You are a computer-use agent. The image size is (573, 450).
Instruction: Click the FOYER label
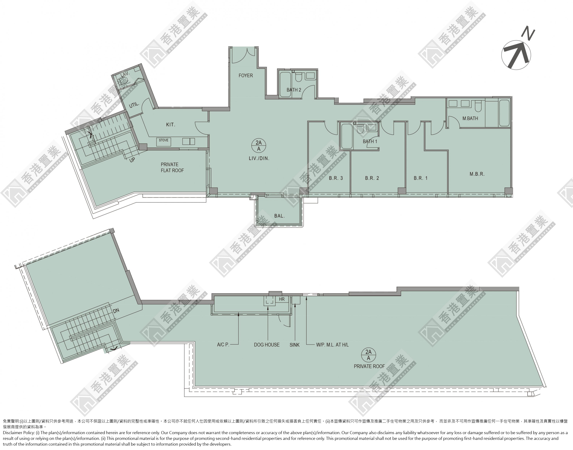click(246, 76)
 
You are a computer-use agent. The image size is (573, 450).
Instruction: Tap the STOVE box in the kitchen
click(163, 142)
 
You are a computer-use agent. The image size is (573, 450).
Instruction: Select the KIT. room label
click(171, 125)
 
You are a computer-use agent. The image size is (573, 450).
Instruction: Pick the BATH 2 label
click(294, 90)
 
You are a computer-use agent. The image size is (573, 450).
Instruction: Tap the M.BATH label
click(470, 119)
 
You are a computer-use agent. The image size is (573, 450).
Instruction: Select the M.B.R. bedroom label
click(477, 174)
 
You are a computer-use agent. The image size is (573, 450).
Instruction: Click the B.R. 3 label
click(336, 178)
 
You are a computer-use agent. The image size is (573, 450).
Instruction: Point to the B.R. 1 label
click(421, 178)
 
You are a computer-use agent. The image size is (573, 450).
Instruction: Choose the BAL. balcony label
click(279, 216)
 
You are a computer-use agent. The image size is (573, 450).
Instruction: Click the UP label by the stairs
click(132, 160)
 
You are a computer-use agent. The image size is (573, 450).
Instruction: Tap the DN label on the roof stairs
click(116, 311)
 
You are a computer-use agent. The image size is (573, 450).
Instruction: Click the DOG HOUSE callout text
click(267, 345)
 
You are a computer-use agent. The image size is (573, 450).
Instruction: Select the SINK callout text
click(295, 345)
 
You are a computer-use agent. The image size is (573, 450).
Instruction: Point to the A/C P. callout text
click(223, 345)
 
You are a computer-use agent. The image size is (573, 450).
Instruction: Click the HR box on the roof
click(282, 299)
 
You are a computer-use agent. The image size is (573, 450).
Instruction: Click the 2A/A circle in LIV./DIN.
click(259, 146)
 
